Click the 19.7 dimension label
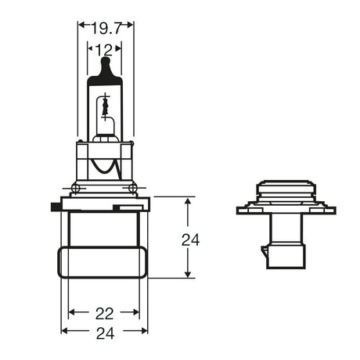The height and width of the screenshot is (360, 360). click(106, 30)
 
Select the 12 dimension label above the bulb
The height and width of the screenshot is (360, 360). click(105, 51)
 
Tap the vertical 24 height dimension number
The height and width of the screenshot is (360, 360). click(190, 239)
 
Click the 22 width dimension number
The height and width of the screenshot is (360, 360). click(104, 313)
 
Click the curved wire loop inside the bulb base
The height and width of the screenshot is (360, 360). click(106, 166)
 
